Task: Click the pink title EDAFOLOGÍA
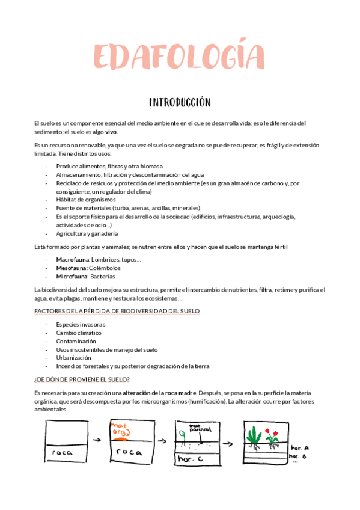pyautogui.click(x=179, y=56)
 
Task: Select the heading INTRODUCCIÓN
pyautogui.click(x=179, y=102)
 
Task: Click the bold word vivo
pyautogui.click(x=111, y=132)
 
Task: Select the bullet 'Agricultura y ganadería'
pyautogui.click(x=87, y=233)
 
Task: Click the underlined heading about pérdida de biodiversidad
pyautogui.click(x=117, y=311)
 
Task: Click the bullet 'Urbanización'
pyautogui.click(x=74, y=357)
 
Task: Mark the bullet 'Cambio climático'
pyautogui.click(x=79, y=333)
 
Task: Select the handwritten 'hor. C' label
pyautogui.click(x=191, y=459)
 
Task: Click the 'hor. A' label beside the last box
pyautogui.click(x=299, y=449)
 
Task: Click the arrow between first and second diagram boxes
pyautogui.click(x=99, y=441)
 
